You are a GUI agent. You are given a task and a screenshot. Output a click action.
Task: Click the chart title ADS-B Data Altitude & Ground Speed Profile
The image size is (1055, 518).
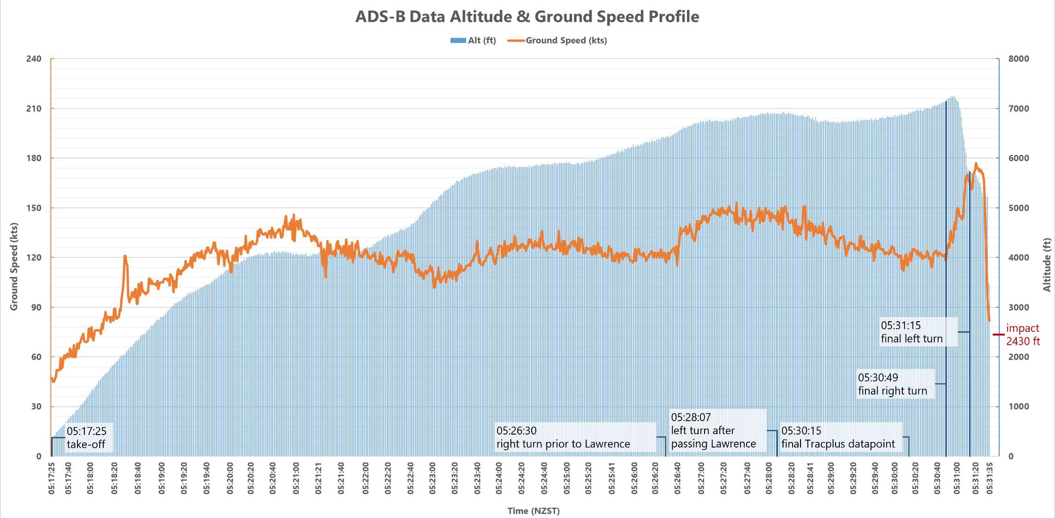tap(527, 17)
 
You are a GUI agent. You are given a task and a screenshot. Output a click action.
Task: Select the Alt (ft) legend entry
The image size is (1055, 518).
tap(474, 41)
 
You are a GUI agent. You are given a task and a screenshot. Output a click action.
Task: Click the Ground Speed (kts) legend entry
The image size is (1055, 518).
tap(557, 41)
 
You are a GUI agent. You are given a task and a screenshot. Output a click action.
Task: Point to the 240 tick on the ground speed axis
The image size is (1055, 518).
tap(34, 59)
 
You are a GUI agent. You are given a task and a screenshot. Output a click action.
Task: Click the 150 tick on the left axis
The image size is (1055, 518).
tap(34, 208)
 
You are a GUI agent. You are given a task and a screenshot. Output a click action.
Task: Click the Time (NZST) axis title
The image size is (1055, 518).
tap(533, 511)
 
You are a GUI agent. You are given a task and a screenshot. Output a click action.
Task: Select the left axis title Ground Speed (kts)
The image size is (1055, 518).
tap(14, 266)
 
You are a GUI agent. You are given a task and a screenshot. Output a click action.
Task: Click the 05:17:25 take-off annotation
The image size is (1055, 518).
tap(87, 438)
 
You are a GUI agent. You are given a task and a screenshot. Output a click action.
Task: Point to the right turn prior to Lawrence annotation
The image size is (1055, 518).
tap(563, 437)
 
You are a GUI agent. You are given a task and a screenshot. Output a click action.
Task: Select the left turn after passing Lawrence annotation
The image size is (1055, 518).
tap(713, 430)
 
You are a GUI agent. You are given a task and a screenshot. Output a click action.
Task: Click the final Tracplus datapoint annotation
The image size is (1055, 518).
tap(838, 437)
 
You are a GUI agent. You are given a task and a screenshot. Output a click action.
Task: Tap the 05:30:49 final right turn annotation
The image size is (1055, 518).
tap(892, 384)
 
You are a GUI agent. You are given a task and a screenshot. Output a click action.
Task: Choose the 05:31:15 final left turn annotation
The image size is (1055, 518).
tap(912, 332)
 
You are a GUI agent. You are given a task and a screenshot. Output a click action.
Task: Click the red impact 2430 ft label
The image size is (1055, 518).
tap(1023, 335)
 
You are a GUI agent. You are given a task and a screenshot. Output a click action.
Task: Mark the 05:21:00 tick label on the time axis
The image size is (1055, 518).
tap(296, 478)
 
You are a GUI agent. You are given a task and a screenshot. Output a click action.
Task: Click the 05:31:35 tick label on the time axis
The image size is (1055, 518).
tap(990, 478)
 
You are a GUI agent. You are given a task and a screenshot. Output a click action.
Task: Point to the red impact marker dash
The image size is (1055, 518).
tap(999, 335)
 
